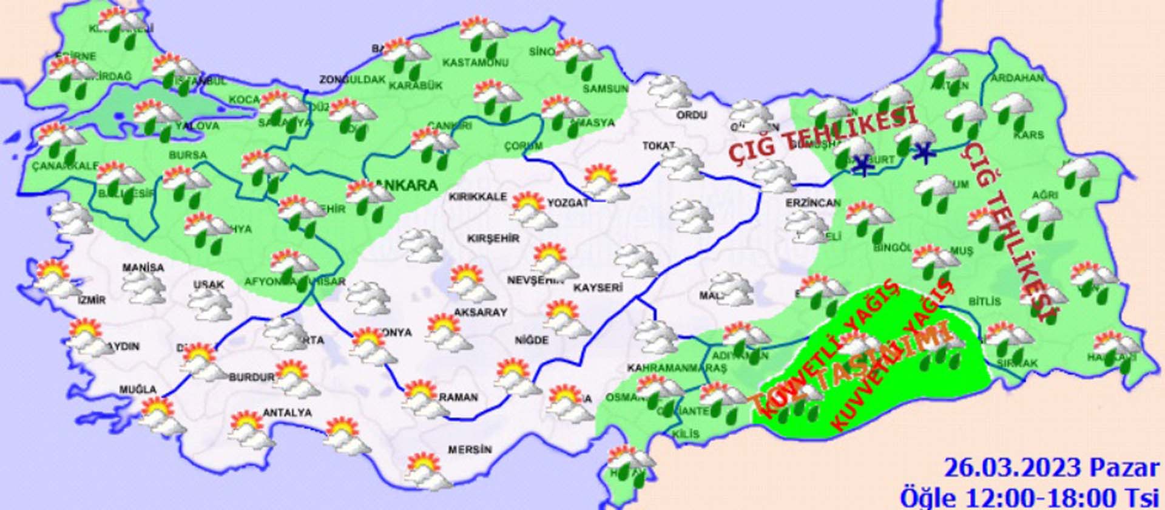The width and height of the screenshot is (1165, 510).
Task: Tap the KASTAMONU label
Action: pos(466,63)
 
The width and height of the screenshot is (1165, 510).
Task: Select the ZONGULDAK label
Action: pos(353,80)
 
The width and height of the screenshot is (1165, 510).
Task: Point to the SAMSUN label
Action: pos(605,89)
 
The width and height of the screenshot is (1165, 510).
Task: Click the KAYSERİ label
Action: pos(598,287)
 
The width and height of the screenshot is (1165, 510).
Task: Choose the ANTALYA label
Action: pos(287,413)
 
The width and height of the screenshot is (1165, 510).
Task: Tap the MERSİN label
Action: pos(470,450)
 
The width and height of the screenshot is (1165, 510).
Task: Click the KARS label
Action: pos(1028,135)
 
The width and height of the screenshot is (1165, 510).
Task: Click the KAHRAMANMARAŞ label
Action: pos(677,369)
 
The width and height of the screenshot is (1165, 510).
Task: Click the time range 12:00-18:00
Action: pos(1055,498)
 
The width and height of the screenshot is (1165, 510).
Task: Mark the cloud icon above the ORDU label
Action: pos(669,91)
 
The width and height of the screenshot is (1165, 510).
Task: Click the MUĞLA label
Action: pos(138,389)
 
